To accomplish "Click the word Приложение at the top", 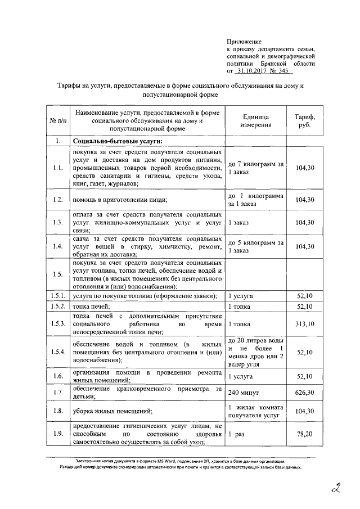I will click(x=244, y=42).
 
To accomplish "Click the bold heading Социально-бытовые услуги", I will click(x=116, y=141).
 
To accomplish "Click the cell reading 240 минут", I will click(x=244, y=391).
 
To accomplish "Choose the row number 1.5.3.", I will click(x=57, y=325).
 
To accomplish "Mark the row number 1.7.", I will click(x=57, y=391).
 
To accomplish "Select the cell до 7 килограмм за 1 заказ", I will click(x=256, y=168).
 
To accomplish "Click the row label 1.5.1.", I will click(x=57, y=295).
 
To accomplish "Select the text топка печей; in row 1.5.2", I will click(x=90, y=307).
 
